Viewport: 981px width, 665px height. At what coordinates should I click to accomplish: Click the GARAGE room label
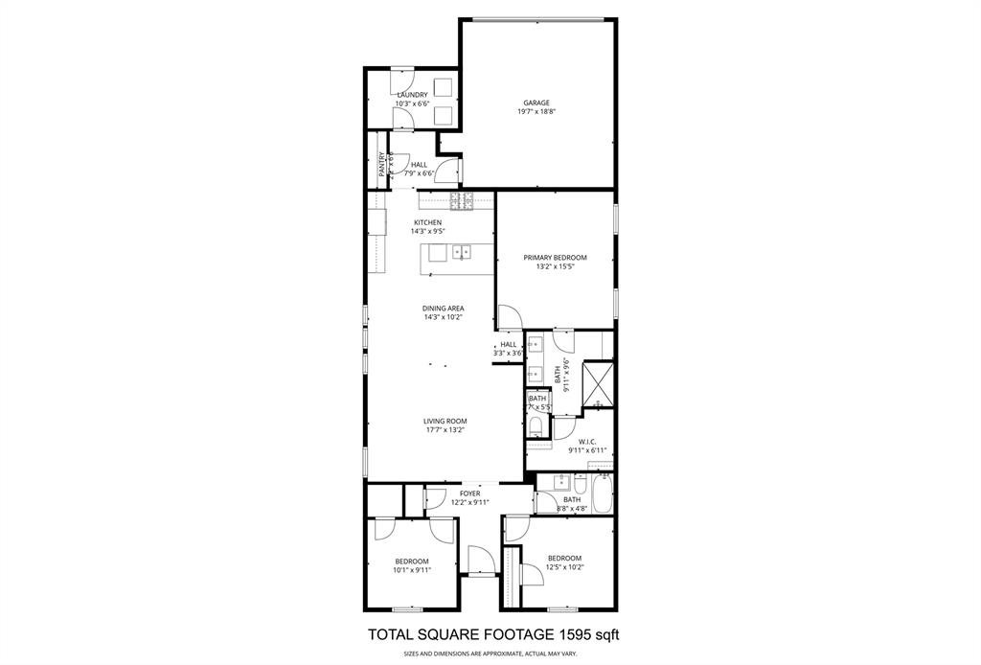pyautogui.click(x=536, y=103)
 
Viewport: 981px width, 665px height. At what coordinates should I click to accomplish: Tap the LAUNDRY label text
pyautogui.click(x=412, y=95)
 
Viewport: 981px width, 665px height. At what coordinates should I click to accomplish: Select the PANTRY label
pyautogui.click(x=381, y=165)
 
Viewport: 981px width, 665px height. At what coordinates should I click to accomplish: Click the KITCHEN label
pyautogui.click(x=427, y=222)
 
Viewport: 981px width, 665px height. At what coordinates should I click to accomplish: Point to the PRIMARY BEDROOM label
pyautogui.click(x=555, y=258)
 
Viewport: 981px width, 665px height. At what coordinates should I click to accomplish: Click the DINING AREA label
pyautogui.click(x=444, y=309)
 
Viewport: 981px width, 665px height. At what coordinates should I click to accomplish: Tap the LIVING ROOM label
pyautogui.click(x=445, y=421)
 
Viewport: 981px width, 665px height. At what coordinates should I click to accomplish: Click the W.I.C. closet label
pyautogui.click(x=588, y=442)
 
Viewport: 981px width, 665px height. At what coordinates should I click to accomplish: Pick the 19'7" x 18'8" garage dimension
pyautogui.click(x=536, y=112)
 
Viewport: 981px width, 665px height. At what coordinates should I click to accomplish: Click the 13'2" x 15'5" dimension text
pyautogui.click(x=555, y=267)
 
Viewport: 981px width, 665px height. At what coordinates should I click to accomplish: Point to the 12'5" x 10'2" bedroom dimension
pyautogui.click(x=564, y=567)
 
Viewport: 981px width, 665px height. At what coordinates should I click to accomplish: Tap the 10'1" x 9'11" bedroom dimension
pyautogui.click(x=412, y=570)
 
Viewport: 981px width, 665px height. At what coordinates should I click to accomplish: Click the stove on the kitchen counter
pyautogui.click(x=462, y=200)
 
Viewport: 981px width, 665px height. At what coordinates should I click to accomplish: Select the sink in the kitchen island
pyautogui.click(x=462, y=253)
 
